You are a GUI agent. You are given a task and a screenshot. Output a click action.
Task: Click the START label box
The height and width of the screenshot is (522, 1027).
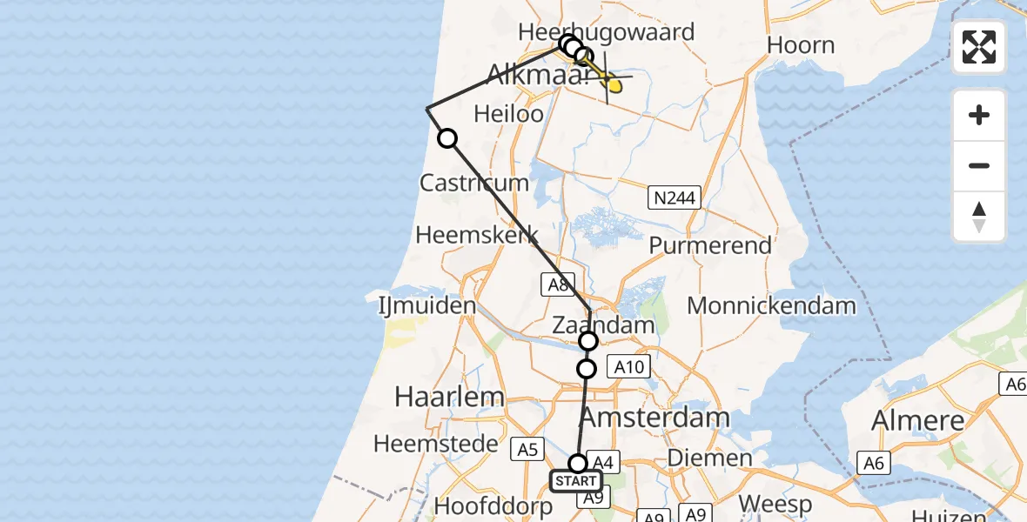tap(575, 481)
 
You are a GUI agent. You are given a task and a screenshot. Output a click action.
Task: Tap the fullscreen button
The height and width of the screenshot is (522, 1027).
tap(979, 47)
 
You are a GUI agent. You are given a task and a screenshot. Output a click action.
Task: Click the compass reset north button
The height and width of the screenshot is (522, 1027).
tap(979, 217)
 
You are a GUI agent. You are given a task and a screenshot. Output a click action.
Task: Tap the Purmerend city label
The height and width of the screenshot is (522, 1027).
tap(710, 245)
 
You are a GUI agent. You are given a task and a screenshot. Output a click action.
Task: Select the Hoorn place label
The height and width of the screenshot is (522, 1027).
tap(801, 45)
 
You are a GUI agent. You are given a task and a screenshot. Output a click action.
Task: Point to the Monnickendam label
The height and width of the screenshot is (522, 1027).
tap(771, 305)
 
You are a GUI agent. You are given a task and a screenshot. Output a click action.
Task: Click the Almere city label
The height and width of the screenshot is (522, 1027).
tap(918, 420)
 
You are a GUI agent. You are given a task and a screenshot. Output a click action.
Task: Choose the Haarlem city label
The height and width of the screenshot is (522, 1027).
tap(449, 397)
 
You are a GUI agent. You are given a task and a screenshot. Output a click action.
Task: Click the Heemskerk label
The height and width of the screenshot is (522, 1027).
tap(476, 235)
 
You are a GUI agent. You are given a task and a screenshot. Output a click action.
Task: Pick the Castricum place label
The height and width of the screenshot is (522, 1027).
tap(473, 183)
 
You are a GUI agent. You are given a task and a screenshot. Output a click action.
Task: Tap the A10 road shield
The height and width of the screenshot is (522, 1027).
tap(628, 366)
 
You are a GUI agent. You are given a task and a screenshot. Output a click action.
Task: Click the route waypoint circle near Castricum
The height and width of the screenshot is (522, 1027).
tap(446, 138)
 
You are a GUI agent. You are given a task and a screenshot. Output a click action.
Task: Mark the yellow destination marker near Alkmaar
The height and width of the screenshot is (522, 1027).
tap(614, 85)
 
